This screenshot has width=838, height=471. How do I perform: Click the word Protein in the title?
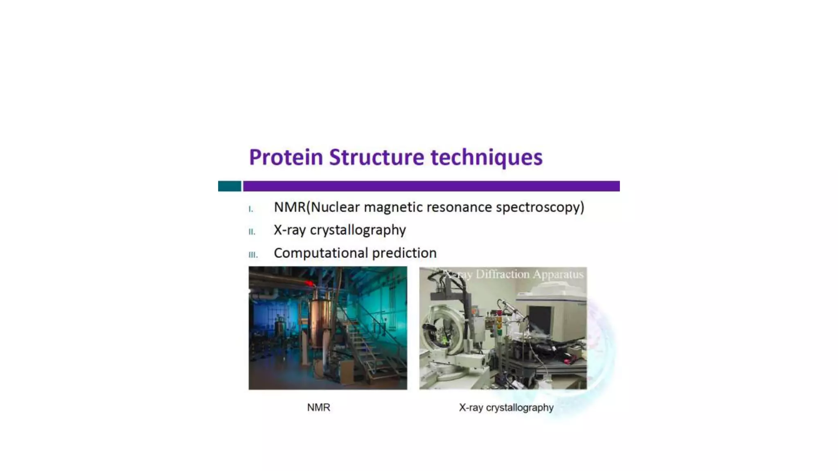286,157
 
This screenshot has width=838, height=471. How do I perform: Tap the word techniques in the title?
487,157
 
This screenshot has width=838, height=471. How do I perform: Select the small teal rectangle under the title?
230,186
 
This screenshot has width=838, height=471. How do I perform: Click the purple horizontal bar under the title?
431,186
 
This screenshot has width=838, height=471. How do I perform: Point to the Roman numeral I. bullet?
251,209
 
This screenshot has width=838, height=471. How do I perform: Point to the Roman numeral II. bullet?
252,232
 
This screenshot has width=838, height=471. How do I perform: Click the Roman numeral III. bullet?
253,255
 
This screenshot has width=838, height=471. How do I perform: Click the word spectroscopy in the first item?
540,207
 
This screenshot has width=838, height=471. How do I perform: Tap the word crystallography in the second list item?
358,230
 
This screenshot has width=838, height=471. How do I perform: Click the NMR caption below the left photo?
318,408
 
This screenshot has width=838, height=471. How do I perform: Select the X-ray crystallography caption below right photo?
506,408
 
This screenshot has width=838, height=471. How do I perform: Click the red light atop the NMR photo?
310,283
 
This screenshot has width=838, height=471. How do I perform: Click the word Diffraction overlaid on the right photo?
502,274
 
